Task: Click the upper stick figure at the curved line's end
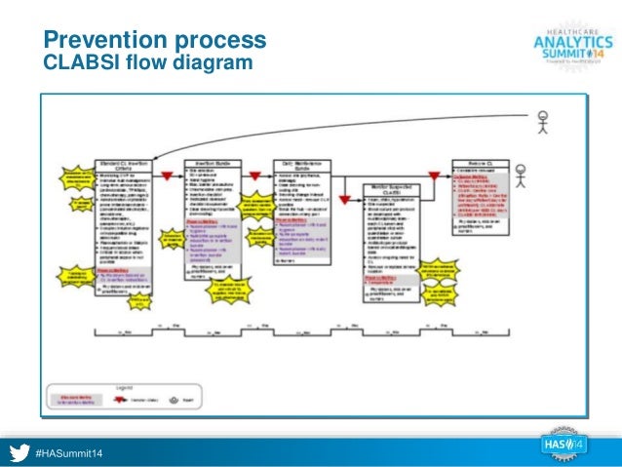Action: click(543, 124)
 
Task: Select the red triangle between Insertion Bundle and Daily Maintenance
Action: click(256, 175)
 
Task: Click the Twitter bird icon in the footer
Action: click(19, 450)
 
